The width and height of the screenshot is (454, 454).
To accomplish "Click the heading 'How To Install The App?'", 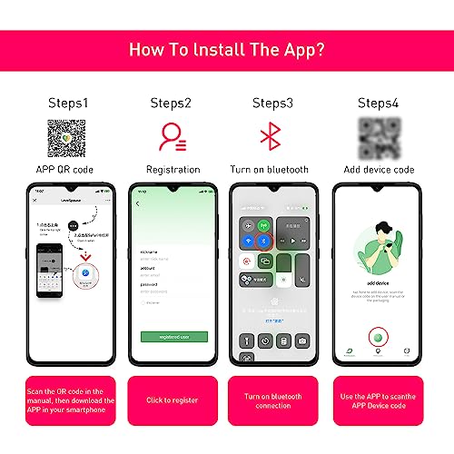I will (x=226, y=48).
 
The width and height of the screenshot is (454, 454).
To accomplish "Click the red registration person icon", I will (x=171, y=137).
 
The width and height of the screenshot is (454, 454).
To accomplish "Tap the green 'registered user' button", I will (x=173, y=336).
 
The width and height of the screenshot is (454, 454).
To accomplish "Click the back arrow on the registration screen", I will (x=138, y=202).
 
